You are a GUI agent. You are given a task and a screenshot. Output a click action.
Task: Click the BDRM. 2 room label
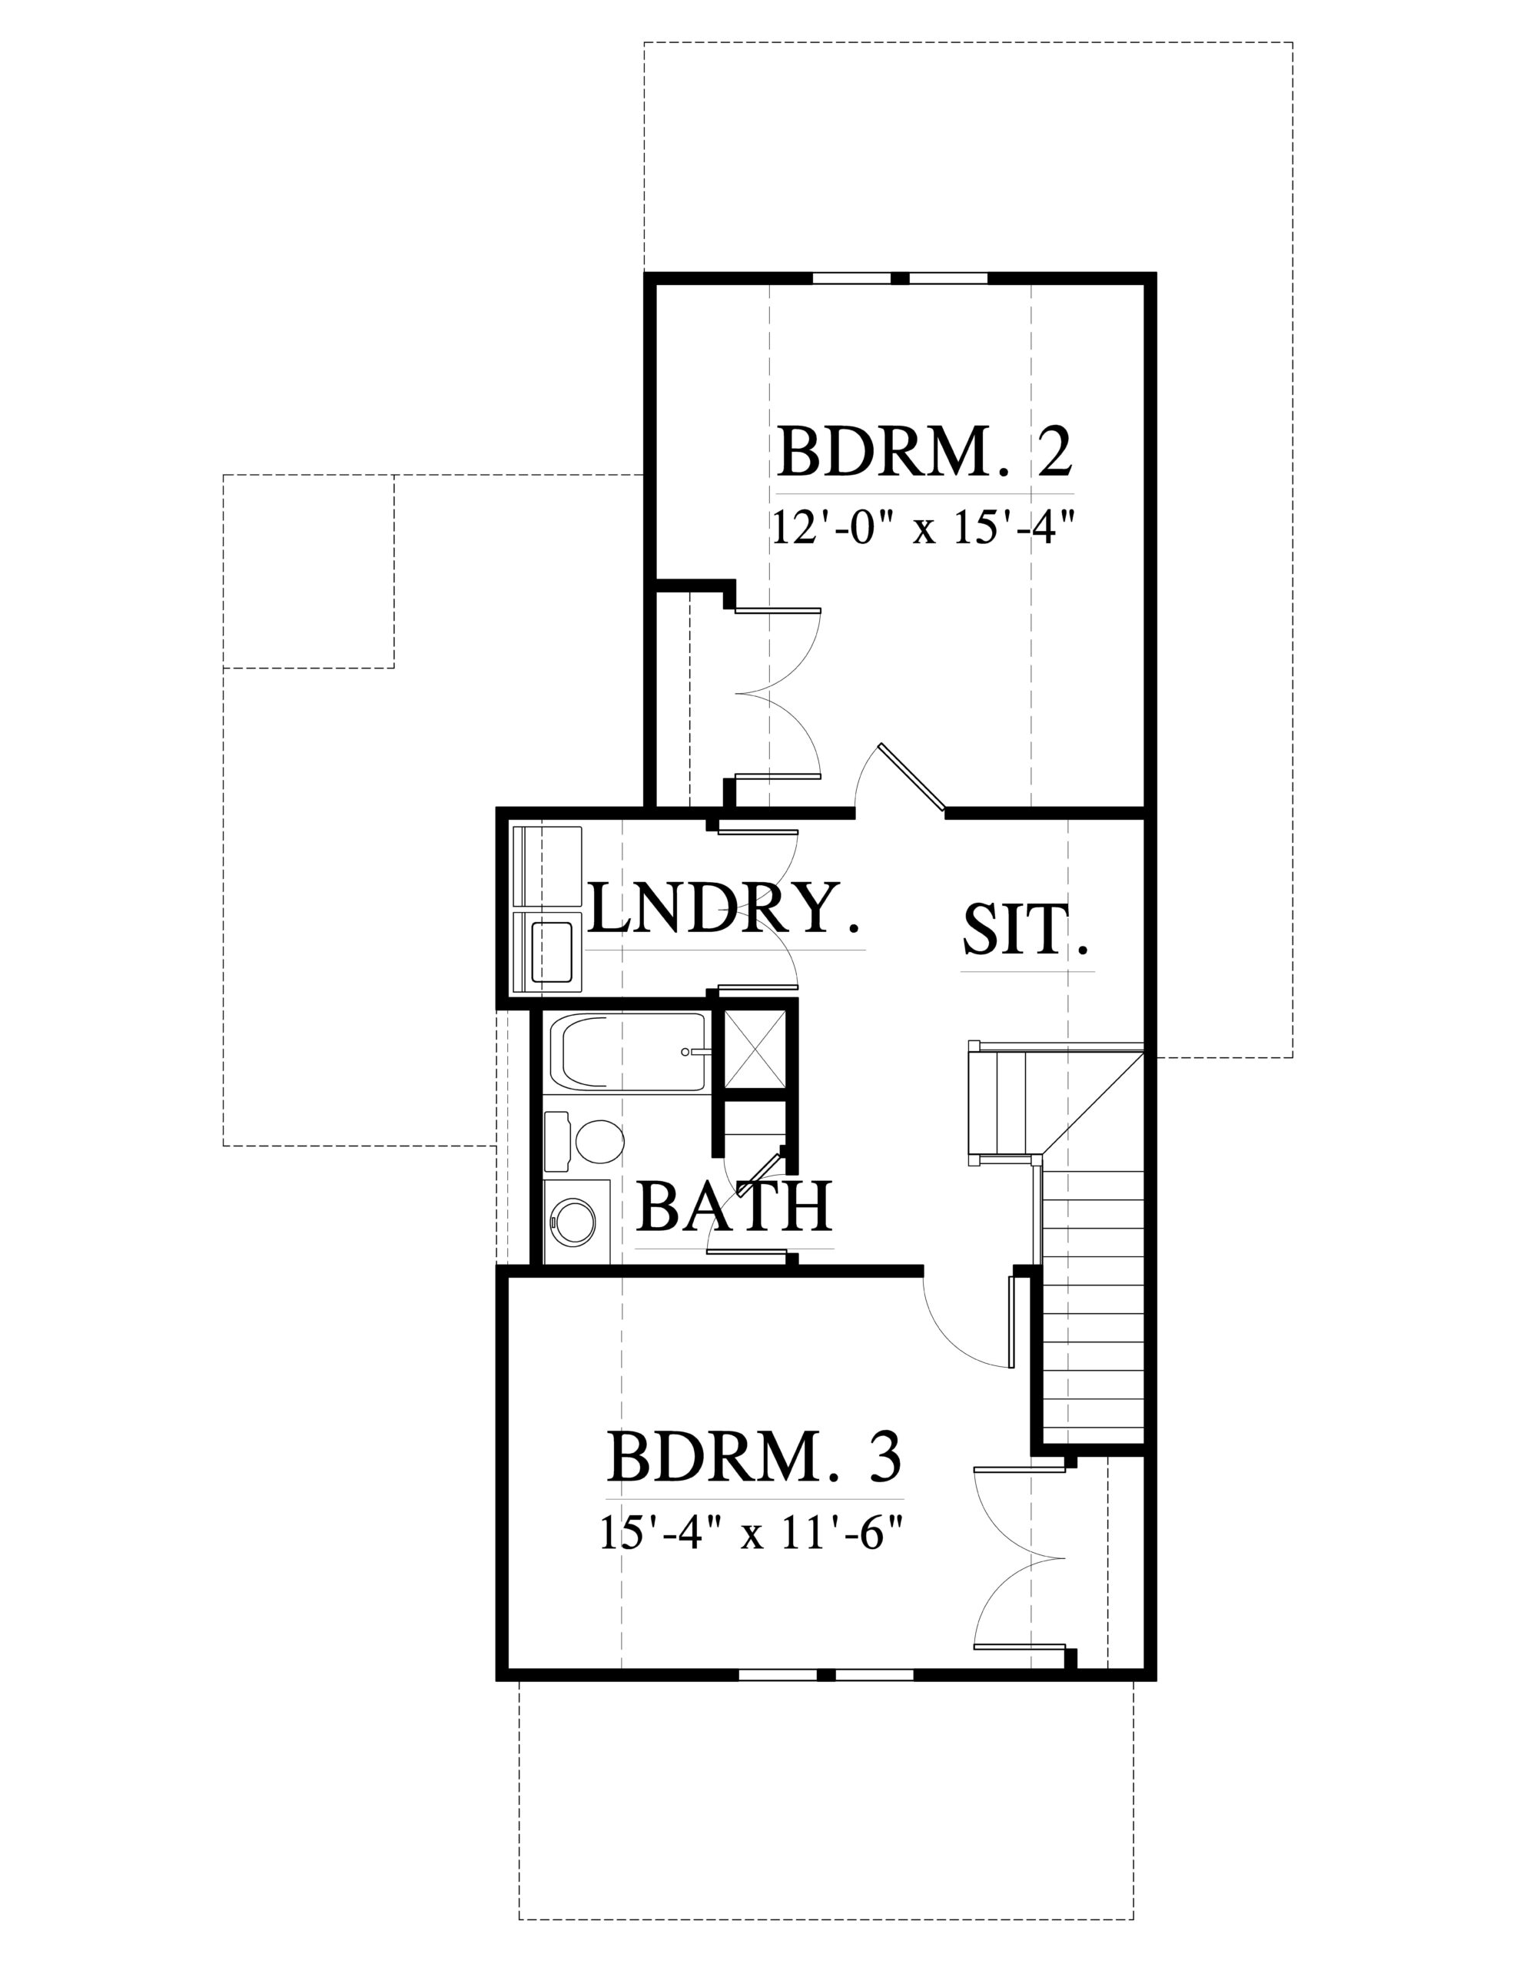(x=925, y=451)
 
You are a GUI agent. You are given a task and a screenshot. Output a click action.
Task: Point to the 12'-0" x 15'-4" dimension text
(x=925, y=526)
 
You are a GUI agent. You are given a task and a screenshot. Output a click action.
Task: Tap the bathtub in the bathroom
(x=634, y=1053)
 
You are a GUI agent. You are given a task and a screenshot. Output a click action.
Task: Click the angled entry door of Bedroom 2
(x=910, y=776)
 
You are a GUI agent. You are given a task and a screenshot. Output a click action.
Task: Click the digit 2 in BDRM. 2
(x=1050, y=451)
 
